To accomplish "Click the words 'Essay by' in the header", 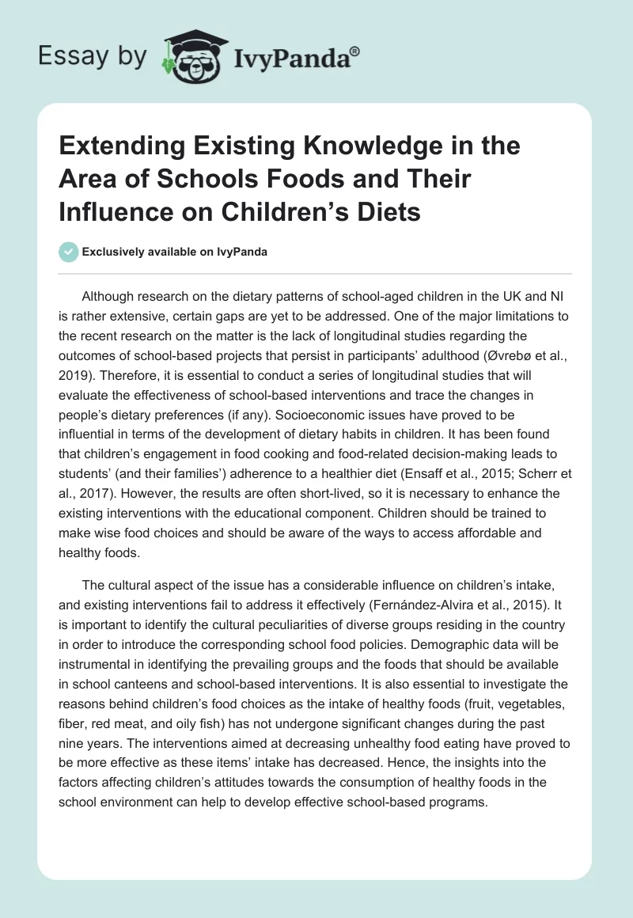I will click(x=93, y=56).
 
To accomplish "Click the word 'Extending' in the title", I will click(x=117, y=147).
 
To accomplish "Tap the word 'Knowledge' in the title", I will click(x=335, y=147).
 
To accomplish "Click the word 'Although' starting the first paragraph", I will click(x=108, y=296).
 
